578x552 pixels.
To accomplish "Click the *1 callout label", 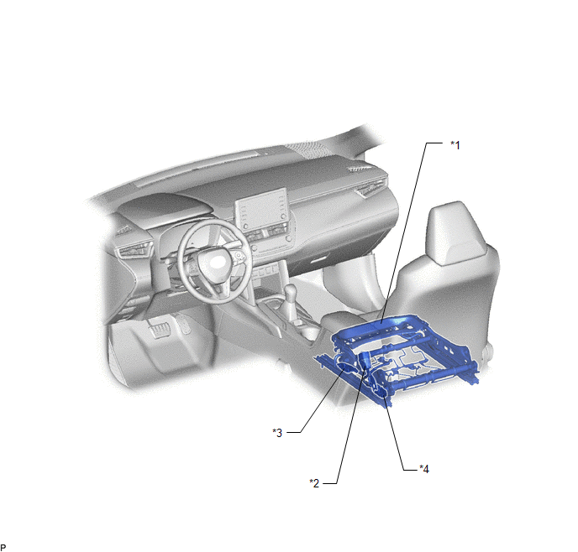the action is point(455,145).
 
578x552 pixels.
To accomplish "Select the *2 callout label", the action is point(314,483).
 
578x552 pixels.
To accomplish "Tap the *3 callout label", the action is point(277,432).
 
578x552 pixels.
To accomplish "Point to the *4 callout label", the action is point(424,469).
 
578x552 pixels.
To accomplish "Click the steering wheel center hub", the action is point(213,262).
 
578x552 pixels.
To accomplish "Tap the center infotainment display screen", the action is point(261,208).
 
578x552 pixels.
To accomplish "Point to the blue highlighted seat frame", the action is point(398,357).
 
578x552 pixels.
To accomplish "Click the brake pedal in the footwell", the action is point(160,329).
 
